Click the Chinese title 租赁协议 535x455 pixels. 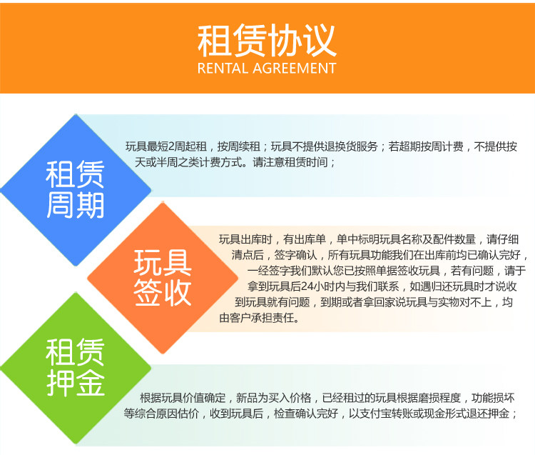tap(267, 40)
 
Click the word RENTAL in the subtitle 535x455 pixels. tap(223, 69)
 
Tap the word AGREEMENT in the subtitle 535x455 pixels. tap(295, 69)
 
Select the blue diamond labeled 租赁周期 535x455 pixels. tap(76, 190)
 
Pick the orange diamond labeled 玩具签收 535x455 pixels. tap(163, 278)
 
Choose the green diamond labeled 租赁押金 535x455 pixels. tap(76, 368)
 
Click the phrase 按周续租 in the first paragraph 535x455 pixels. tap(238, 146)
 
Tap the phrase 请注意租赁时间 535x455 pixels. tap(290, 162)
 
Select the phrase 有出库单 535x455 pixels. tap(305, 239)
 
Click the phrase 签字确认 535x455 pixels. tap(295, 255)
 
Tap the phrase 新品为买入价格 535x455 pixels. tap(273, 398)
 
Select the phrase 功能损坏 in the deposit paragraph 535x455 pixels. tap(493, 398)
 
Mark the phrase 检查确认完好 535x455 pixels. tap(306, 414)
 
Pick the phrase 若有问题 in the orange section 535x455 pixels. tap(472, 271)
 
